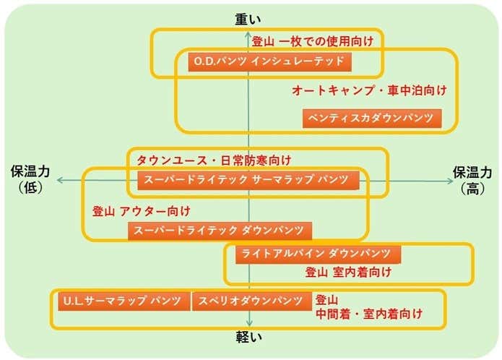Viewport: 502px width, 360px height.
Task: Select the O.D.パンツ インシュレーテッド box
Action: [269, 61]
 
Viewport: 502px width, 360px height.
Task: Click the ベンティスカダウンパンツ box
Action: [371, 118]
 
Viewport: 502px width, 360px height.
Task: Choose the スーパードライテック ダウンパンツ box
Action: [220, 231]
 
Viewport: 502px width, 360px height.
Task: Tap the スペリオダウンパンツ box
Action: [251, 301]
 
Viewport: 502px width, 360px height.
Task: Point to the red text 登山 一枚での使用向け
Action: [312, 41]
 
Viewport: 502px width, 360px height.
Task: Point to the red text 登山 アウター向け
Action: [142, 211]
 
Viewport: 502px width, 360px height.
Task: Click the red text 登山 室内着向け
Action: [348, 273]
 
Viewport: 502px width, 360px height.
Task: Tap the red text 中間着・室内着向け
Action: [368, 314]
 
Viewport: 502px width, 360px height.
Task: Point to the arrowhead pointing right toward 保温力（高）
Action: [444, 180]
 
